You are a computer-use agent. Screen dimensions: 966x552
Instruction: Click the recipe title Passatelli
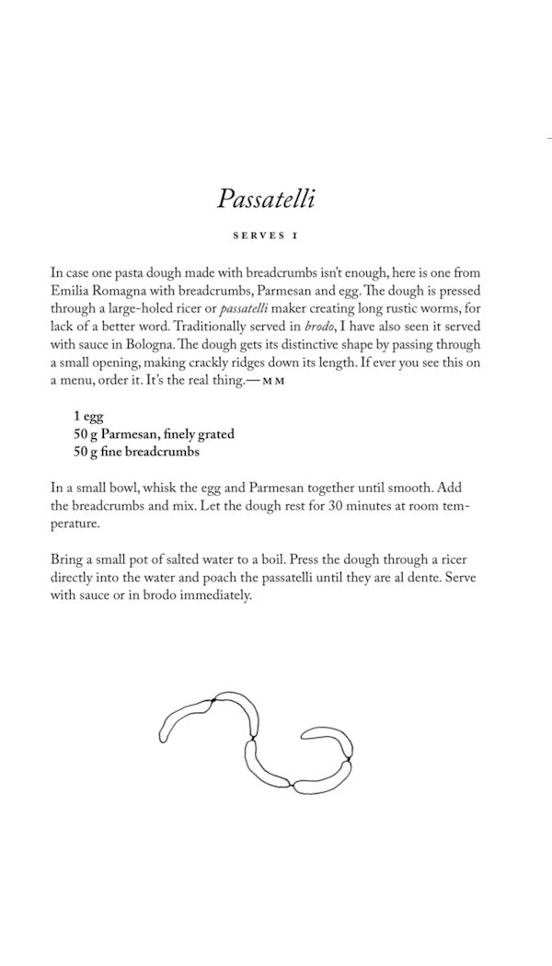pyautogui.click(x=266, y=198)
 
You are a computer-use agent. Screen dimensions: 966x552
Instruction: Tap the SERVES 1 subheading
pyautogui.click(x=266, y=236)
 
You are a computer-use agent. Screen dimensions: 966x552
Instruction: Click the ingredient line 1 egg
pyautogui.click(x=89, y=417)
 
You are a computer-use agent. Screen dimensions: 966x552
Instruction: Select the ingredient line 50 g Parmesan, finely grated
pyautogui.click(x=154, y=434)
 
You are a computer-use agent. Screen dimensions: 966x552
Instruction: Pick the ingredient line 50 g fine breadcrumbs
pyautogui.click(x=137, y=452)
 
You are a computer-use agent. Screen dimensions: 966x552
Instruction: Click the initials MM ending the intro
pyautogui.click(x=273, y=380)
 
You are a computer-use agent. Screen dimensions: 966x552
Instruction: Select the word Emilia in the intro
pyautogui.click(x=73, y=291)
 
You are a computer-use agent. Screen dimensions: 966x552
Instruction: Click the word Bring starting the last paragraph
pyautogui.click(x=70, y=559)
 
